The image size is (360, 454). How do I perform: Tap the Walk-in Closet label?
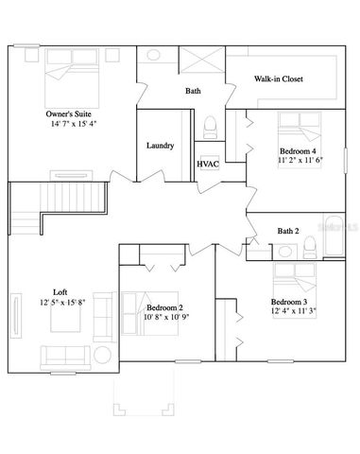tap(277, 79)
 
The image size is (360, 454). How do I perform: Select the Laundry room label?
tap(160, 146)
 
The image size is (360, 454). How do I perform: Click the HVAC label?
tap(208, 164)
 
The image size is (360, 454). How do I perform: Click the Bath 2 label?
tap(287, 231)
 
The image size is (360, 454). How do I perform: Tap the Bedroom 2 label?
tap(164, 307)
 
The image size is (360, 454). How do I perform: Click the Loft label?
tap(60, 291)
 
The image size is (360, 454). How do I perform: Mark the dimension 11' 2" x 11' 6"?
tap(300, 162)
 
